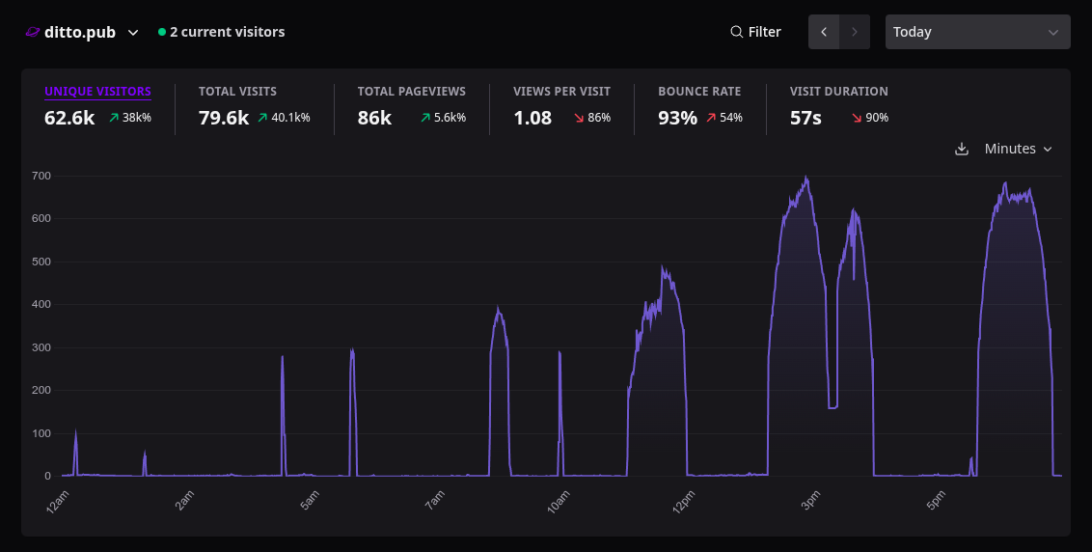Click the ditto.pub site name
(x=80, y=32)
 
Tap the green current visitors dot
(x=162, y=32)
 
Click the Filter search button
(x=755, y=32)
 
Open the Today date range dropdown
(x=977, y=32)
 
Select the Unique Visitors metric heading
(x=97, y=92)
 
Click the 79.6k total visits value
(x=224, y=118)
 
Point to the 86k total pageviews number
(x=374, y=118)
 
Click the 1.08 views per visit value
(x=532, y=118)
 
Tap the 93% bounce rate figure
(x=677, y=118)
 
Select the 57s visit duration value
(x=805, y=118)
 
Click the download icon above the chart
(x=962, y=150)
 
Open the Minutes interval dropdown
(x=1018, y=150)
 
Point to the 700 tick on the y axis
(x=41, y=176)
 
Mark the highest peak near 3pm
(x=806, y=177)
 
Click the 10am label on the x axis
(x=559, y=502)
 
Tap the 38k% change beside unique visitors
(x=137, y=118)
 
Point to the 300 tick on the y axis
(x=41, y=347)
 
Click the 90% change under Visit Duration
(x=877, y=118)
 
